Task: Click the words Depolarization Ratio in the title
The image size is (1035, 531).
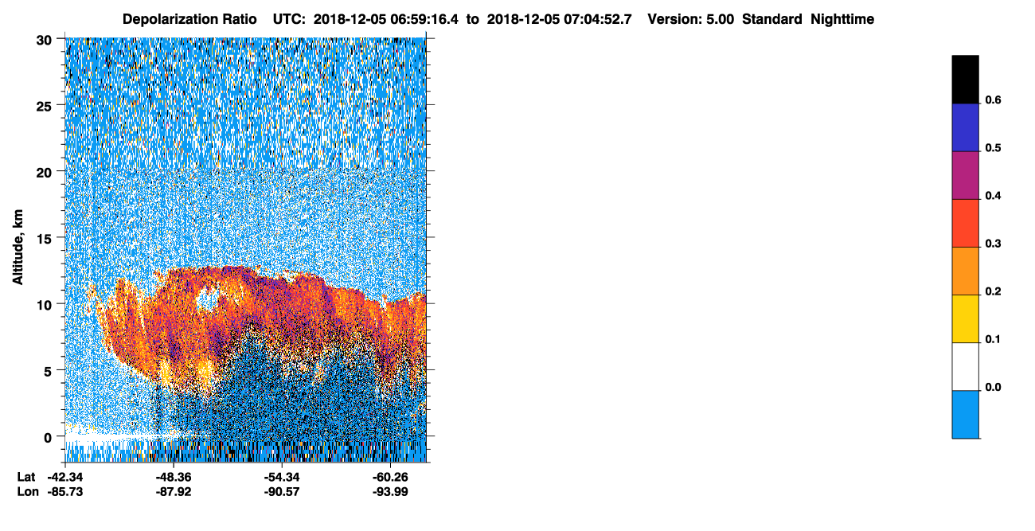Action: click(189, 19)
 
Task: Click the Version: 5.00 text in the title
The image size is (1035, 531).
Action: click(691, 19)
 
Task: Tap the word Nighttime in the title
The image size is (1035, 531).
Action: click(842, 19)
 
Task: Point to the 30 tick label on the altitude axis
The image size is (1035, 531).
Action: click(44, 41)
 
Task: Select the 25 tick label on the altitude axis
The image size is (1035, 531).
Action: click(44, 107)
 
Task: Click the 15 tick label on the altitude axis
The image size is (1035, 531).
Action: click(44, 239)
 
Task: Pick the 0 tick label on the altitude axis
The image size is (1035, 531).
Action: click(48, 438)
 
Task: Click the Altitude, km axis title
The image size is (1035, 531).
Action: click(18, 248)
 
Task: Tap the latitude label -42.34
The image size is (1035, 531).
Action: click(65, 477)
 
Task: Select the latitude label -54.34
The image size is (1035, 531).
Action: click(282, 477)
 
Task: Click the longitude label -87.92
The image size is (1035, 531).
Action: click(174, 491)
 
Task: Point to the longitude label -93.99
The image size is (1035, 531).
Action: click(390, 491)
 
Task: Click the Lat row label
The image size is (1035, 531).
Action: click(26, 477)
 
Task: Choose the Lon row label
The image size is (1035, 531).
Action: click(28, 491)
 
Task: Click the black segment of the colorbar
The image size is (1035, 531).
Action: click(965, 80)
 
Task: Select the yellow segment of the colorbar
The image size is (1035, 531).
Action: click(965, 319)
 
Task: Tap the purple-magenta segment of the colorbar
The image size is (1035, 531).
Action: click(965, 176)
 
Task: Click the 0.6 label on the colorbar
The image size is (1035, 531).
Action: click(993, 100)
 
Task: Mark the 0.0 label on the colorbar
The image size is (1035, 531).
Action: click(993, 387)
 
